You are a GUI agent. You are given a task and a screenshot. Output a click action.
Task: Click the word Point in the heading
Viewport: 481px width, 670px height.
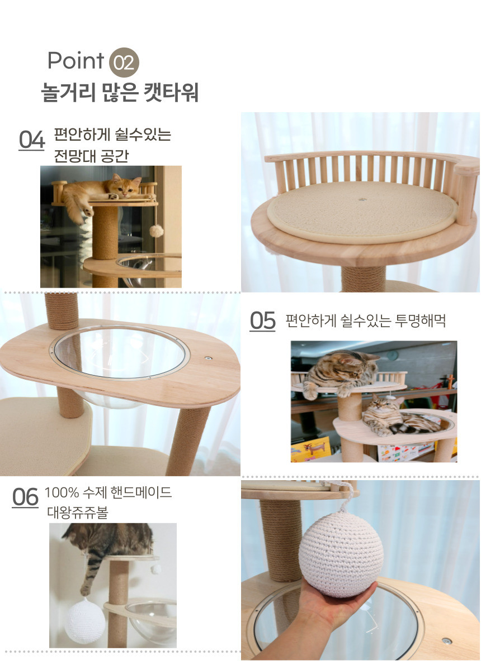(76, 61)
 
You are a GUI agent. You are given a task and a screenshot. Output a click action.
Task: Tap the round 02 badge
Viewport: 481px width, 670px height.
(124, 62)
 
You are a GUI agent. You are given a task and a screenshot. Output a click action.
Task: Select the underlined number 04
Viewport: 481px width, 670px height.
(31, 140)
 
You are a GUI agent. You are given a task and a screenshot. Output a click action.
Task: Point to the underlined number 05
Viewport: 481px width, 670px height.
(262, 321)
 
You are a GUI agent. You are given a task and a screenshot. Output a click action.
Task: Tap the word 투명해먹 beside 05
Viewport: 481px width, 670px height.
(420, 320)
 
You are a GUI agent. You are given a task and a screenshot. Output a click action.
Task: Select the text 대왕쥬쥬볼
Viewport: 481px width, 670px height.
(77, 513)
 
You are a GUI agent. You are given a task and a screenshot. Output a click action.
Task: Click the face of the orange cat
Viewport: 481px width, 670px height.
(124, 187)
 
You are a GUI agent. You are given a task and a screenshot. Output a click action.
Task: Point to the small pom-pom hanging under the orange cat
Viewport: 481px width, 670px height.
(157, 231)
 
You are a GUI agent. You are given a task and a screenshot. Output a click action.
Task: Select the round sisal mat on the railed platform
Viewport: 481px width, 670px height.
(362, 211)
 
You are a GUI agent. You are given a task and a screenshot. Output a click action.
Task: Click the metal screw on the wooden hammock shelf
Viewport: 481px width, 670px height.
(207, 358)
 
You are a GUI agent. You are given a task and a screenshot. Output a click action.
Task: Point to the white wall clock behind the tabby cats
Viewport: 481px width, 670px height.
(392, 355)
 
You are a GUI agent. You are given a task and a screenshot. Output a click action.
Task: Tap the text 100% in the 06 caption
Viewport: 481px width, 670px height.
(62, 492)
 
